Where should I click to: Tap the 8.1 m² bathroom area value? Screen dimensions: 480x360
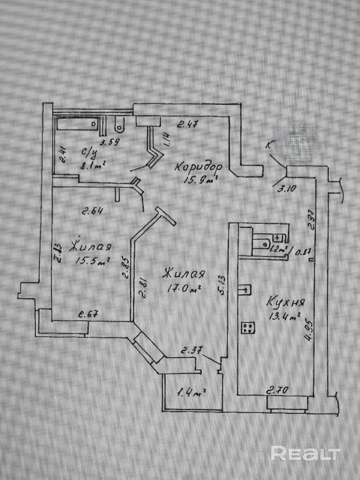92,165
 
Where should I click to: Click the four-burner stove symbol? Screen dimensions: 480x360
248,328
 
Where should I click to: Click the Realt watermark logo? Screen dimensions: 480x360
306,453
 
